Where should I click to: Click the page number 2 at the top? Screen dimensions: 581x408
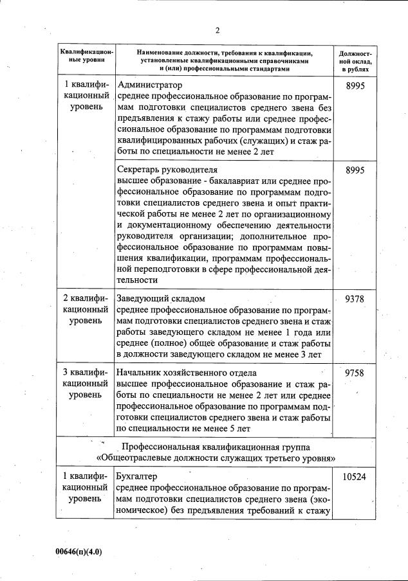[218, 30]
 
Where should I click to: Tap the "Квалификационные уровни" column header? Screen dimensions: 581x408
[87, 55]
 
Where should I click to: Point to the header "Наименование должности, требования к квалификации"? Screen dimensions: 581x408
[224, 60]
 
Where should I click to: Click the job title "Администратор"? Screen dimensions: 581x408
[151, 85]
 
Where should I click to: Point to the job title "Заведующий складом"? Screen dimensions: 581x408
[161, 299]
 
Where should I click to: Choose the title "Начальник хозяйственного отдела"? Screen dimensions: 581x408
[187, 373]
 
